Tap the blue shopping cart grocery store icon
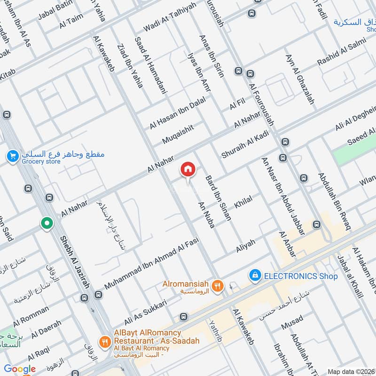(13, 156)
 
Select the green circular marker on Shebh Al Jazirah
(47, 223)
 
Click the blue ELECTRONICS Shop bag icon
(255, 275)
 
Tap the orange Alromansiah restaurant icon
(217, 285)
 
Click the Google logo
(20, 369)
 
